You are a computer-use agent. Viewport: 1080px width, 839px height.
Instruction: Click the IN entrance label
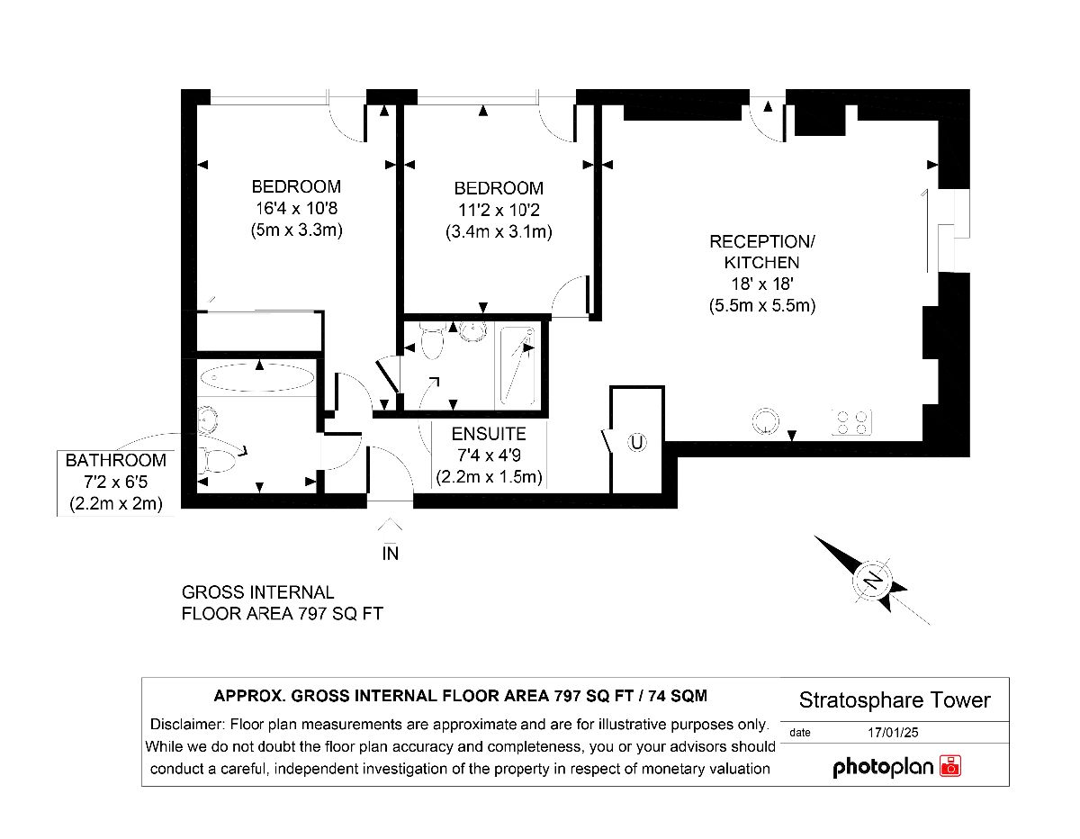[x=391, y=554]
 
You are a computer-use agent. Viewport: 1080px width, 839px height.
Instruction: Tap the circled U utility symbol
[x=636, y=442]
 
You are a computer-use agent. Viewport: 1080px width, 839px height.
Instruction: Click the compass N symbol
[x=872, y=580]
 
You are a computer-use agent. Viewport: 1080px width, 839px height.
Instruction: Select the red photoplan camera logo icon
[x=950, y=766]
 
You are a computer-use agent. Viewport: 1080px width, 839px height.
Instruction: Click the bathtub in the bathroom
[x=257, y=378]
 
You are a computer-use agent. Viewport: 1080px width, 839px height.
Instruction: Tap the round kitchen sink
[x=765, y=421]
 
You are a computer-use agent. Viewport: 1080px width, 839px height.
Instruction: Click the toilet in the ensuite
[x=431, y=341]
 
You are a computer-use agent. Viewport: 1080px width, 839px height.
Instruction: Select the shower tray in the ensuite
[x=517, y=365]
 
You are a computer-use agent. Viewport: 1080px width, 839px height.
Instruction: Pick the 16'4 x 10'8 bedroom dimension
[x=296, y=208]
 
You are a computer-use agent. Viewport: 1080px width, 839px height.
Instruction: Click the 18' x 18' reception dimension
[x=762, y=284]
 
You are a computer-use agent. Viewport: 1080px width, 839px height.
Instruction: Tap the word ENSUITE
[x=489, y=434]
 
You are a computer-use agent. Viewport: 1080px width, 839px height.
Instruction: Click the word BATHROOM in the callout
[x=116, y=460]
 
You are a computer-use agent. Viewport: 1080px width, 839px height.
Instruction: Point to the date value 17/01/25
[x=893, y=733]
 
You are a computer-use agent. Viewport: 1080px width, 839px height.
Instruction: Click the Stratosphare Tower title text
[x=895, y=700]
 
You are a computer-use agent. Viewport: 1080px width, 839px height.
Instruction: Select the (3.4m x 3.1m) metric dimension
[x=499, y=231]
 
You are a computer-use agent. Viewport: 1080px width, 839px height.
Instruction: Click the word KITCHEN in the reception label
[x=762, y=263]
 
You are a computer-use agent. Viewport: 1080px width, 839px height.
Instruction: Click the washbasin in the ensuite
[x=472, y=330]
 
